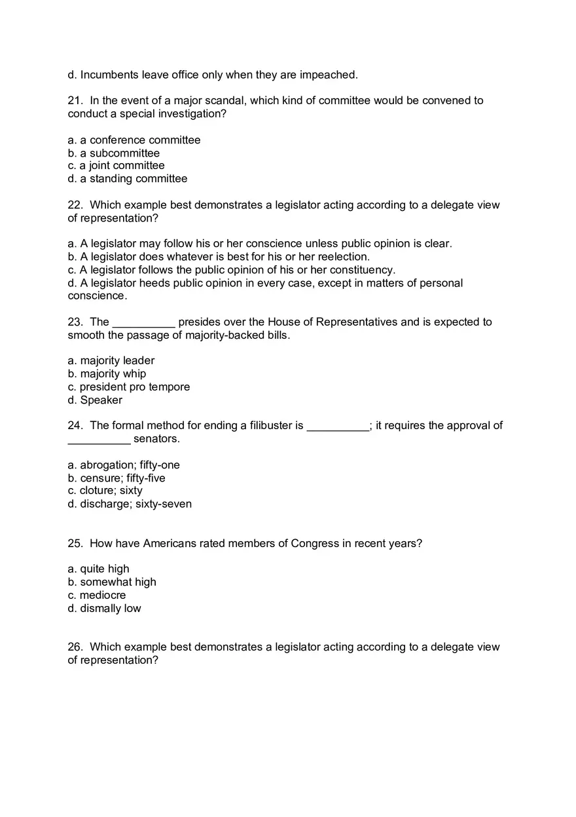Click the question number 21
coord(75,101)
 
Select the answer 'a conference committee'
coord(134,140)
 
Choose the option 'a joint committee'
coord(116,166)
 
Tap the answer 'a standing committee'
coord(128,179)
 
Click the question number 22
coord(75,205)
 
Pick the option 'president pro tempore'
coord(129,387)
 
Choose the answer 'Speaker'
coord(95,400)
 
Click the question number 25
coord(75,544)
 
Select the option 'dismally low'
coord(104,609)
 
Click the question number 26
coord(75,647)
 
